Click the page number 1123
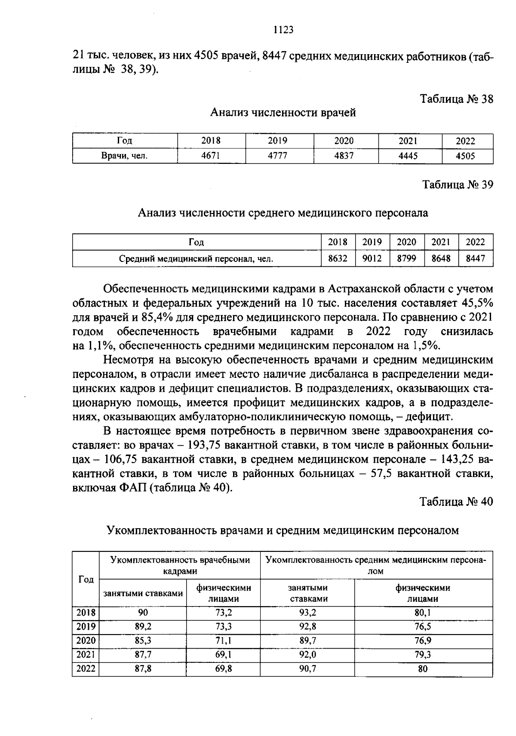(283, 30)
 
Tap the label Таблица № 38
(457, 99)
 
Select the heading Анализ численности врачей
(283, 113)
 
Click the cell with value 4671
(211, 156)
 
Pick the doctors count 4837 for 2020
(344, 156)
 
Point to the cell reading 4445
(408, 156)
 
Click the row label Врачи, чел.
(124, 156)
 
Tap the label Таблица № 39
(458, 185)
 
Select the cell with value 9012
(372, 259)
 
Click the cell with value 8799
(406, 259)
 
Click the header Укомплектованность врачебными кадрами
(180, 565)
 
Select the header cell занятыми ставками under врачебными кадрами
(143, 593)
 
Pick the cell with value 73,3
(224, 626)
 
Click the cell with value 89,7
(307, 641)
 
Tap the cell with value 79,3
(423, 655)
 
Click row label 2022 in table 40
(86, 669)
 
